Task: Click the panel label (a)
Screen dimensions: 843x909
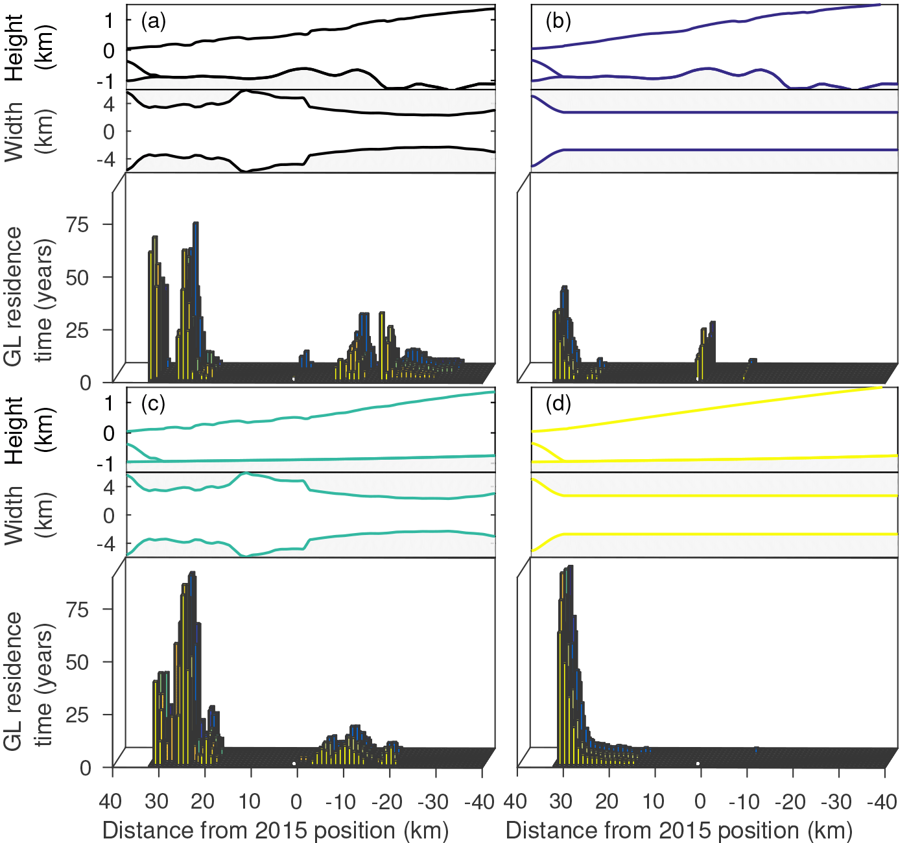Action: coord(154,21)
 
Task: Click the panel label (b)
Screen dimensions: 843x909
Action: coord(558,21)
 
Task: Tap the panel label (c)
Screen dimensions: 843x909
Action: coord(154,404)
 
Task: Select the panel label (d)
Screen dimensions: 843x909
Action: coord(558,404)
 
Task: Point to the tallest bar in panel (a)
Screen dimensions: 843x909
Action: coord(195,224)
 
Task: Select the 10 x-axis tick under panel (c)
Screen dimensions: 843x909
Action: coord(250,802)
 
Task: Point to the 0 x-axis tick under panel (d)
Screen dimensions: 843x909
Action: coord(700,802)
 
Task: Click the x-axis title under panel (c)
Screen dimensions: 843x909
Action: coord(276,831)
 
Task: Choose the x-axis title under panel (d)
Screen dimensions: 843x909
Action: coord(679,831)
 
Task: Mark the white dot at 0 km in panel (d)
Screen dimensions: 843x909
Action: coord(698,763)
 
